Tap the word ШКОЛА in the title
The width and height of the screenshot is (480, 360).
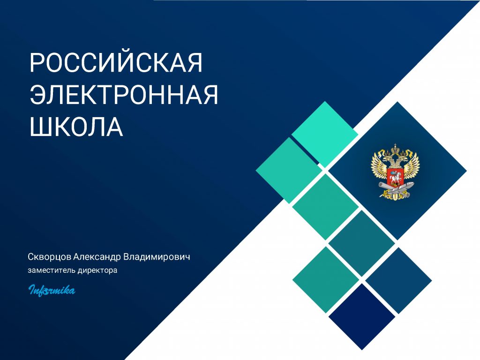coord(76,126)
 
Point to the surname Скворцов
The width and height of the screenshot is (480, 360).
coord(49,257)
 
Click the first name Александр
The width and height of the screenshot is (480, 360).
coord(97,257)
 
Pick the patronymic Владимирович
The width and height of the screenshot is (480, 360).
coord(157,256)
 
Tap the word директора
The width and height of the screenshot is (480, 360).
coord(97,270)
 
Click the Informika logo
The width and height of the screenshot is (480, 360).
coord(52,290)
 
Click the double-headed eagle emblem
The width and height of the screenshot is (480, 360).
coord(395,172)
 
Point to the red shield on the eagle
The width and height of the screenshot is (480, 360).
coord(395,177)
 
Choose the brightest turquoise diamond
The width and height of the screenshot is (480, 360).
coord(325,135)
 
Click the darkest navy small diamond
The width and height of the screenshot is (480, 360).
coord(362,316)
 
